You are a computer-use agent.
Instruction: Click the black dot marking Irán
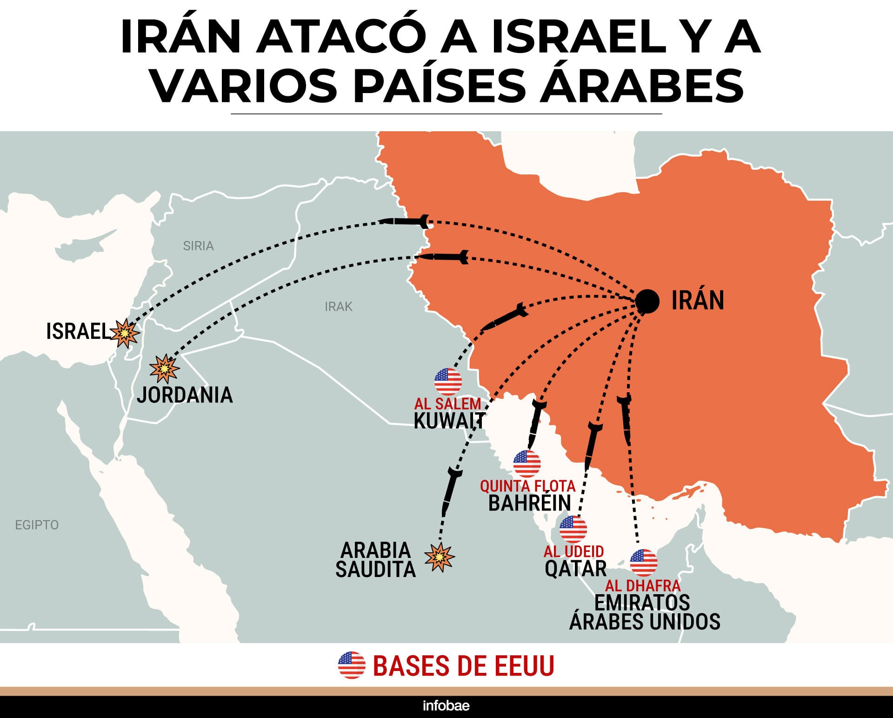point(647,301)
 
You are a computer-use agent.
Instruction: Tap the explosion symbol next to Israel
point(125,333)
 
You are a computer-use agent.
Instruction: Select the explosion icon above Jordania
point(164,369)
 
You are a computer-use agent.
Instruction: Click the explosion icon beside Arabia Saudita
point(439,557)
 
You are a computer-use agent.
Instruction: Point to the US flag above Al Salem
point(448,382)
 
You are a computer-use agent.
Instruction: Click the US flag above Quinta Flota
point(527,463)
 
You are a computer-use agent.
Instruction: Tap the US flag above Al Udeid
point(573,529)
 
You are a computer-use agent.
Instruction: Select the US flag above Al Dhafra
point(644,562)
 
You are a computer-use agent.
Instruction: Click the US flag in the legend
point(352,665)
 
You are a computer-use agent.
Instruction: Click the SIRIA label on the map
point(198,246)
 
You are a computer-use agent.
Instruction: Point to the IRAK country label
point(339,307)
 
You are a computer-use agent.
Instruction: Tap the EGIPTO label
point(37,525)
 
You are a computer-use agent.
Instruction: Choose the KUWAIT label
point(449,421)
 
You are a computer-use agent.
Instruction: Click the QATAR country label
point(576,569)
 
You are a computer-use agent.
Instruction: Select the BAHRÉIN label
point(530,503)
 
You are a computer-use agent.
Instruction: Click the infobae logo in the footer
point(446,706)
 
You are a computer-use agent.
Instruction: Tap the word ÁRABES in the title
point(642,86)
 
